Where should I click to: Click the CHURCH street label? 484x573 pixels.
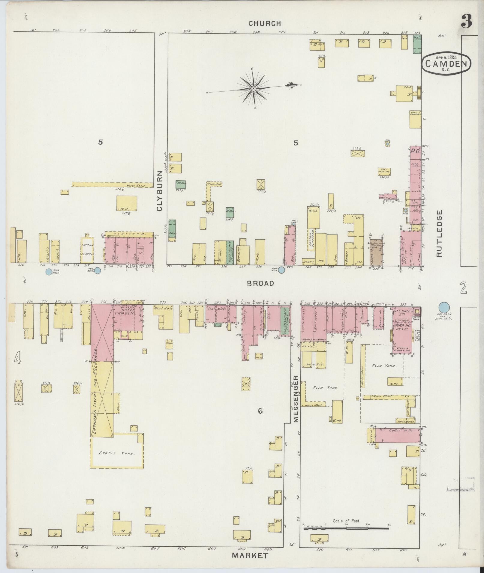pos(264,23)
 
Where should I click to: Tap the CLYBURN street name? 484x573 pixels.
pos(160,191)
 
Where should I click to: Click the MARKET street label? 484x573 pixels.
pos(250,556)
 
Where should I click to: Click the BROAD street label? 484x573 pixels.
pos(260,283)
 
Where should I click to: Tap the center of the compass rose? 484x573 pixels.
pos(254,89)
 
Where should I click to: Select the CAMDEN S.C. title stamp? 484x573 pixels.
pos(446,64)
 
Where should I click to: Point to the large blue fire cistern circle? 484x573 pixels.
pos(444,308)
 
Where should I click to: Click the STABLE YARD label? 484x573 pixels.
pos(117,453)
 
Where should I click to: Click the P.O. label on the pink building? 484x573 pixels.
pos(415,152)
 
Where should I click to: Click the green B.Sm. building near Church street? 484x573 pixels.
pos(417,44)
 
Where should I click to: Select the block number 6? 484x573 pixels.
pos(260,411)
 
